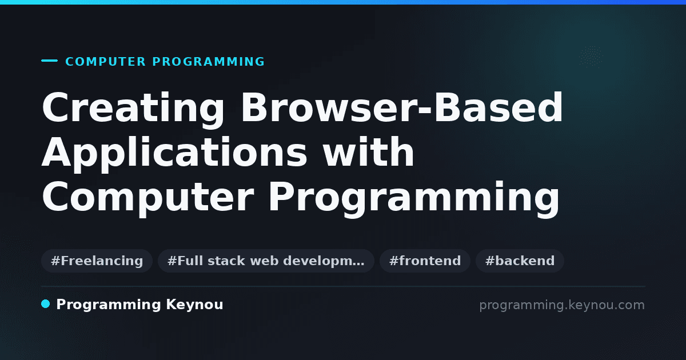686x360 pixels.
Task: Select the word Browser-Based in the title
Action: [402, 107]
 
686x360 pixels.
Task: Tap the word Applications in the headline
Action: [174, 154]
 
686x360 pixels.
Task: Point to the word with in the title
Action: [369, 151]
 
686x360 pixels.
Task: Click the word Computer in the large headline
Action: [148, 198]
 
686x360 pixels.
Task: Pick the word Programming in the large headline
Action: [414, 198]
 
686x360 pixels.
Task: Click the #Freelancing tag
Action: [97, 261]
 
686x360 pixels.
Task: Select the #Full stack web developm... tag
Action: [266, 261]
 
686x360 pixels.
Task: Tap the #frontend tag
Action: [425, 261]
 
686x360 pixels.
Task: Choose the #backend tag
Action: [520, 261]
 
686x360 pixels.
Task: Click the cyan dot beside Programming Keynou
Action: [46, 304]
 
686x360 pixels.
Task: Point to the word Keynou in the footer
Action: [194, 305]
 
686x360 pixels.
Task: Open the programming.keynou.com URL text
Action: [562, 305]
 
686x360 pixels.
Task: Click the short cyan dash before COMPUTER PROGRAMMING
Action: [49, 61]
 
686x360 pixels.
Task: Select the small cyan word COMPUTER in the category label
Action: [106, 62]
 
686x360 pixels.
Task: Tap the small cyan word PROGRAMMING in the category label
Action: [208, 62]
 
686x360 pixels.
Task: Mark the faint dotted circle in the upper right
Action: [591, 57]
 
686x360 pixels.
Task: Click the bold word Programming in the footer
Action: [109, 305]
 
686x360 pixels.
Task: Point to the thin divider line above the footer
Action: [343, 286]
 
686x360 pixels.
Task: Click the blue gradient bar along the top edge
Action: [343, 2]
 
